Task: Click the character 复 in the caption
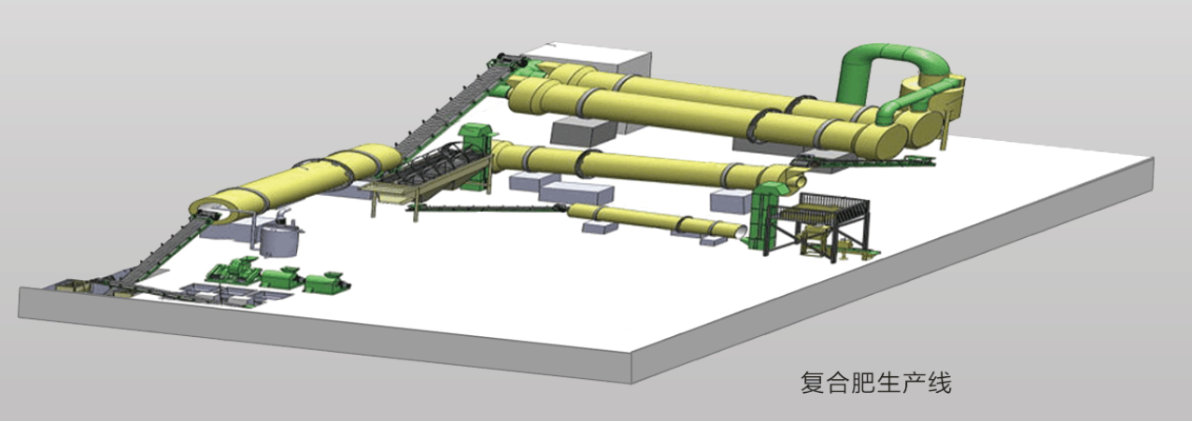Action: point(812,383)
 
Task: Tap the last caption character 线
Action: point(939,383)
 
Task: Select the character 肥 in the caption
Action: point(863,383)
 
